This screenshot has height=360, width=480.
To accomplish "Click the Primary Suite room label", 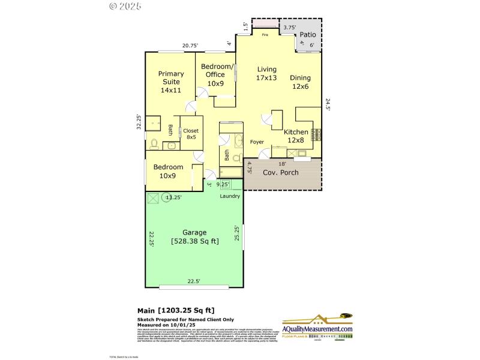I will click(170, 82).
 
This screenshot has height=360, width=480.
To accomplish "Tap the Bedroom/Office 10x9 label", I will click(216, 74).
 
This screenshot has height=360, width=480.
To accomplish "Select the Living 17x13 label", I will click(266, 73).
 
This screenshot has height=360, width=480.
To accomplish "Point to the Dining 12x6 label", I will click(300, 82).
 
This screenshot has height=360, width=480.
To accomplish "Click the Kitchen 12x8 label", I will click(296, 136).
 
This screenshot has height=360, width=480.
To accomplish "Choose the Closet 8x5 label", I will click(191, 134).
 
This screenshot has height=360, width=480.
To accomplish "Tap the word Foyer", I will click(257, 142).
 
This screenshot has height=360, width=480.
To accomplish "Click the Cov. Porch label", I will click(281, 172).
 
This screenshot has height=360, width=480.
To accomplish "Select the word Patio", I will click(308, 35).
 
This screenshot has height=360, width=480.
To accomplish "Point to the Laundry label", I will click(230, 196).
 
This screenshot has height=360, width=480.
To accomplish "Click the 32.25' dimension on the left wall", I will click(139, 122).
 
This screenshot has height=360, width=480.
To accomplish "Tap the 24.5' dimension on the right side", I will click(328, 104).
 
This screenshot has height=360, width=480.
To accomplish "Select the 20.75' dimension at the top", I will click(190, 46).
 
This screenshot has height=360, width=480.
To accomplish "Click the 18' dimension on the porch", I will click(281, 163).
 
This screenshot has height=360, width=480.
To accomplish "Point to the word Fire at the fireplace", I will click(265, 34).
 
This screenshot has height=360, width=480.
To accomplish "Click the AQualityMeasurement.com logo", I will click(317, 329).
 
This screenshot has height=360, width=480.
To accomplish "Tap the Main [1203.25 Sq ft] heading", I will click(176, 310).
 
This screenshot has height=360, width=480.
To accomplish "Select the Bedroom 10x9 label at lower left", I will click(167, 171).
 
